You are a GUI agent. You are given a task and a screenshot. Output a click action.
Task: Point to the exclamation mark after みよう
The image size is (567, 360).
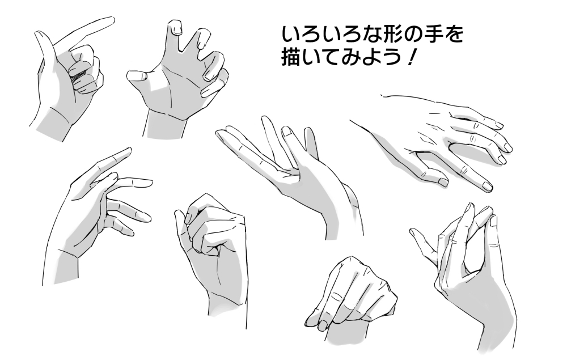point(411,57)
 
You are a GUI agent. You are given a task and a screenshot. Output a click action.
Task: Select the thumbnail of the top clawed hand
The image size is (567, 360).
point(136,76)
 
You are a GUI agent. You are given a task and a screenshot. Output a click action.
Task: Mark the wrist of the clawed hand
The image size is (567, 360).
point(166,125)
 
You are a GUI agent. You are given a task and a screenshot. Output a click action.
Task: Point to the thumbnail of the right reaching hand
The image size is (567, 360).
point(443,182)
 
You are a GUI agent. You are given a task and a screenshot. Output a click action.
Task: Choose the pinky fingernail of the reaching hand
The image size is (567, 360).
point(499,125)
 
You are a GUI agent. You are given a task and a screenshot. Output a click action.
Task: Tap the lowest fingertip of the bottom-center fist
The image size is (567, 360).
point(322,327)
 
